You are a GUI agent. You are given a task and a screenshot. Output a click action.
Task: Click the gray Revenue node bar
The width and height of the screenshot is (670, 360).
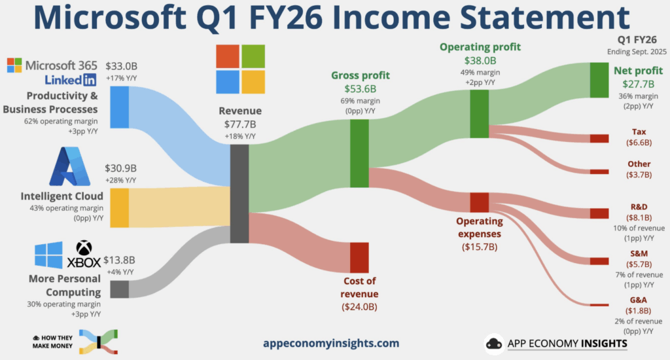point(239,194)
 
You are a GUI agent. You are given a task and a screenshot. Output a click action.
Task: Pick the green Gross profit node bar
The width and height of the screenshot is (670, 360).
point(359,153)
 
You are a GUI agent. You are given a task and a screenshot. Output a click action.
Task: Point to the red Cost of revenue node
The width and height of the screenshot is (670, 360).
point(359,257)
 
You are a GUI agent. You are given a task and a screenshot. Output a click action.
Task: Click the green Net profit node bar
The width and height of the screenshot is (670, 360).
point(599,80)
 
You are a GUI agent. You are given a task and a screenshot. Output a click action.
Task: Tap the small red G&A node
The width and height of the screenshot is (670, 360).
point(599,304)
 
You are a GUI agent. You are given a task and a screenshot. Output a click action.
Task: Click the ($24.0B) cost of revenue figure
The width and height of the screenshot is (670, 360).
point(359,306)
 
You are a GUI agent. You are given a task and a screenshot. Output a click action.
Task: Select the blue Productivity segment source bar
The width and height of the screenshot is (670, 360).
point(119,107)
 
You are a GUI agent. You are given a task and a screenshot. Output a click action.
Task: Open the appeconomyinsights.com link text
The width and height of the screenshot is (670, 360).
point(330,343)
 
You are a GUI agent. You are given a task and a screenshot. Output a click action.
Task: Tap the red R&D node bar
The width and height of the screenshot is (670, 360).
point(599,213)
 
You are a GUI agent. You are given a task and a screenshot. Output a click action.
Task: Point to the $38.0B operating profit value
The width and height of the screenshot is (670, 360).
point(480,60)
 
